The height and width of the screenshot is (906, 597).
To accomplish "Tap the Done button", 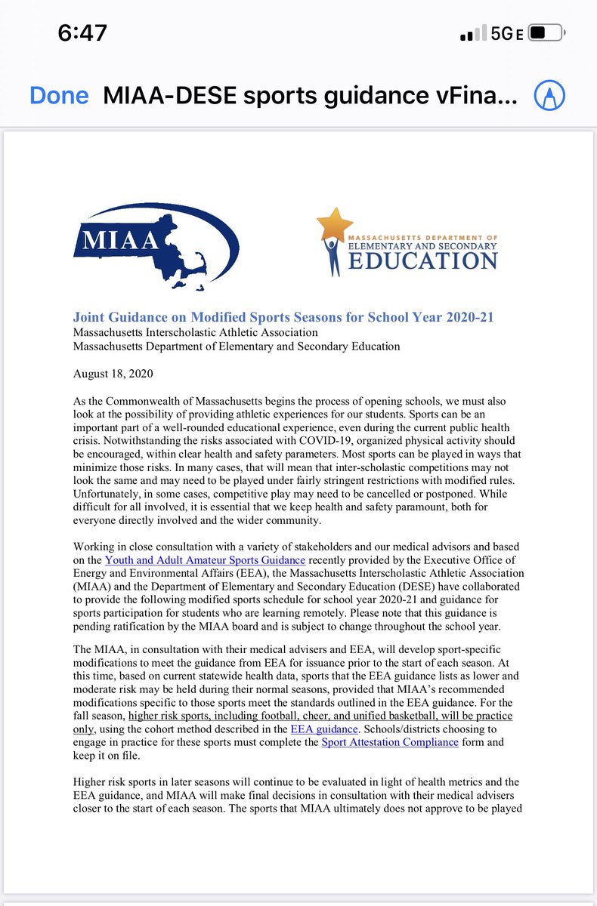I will (59, 96).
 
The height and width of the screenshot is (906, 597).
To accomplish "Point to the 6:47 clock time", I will (82, 33).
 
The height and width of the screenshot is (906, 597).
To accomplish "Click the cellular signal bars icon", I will (471, 35).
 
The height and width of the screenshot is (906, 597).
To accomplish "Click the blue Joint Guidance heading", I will (272, 316).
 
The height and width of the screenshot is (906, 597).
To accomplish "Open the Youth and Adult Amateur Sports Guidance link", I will (205, 559).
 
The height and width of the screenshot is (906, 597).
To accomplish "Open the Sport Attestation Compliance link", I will (390, 741).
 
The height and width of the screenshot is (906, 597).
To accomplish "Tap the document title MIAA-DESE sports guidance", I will (310, 96).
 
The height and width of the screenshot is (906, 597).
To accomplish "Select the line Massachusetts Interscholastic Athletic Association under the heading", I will (195, 332).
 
